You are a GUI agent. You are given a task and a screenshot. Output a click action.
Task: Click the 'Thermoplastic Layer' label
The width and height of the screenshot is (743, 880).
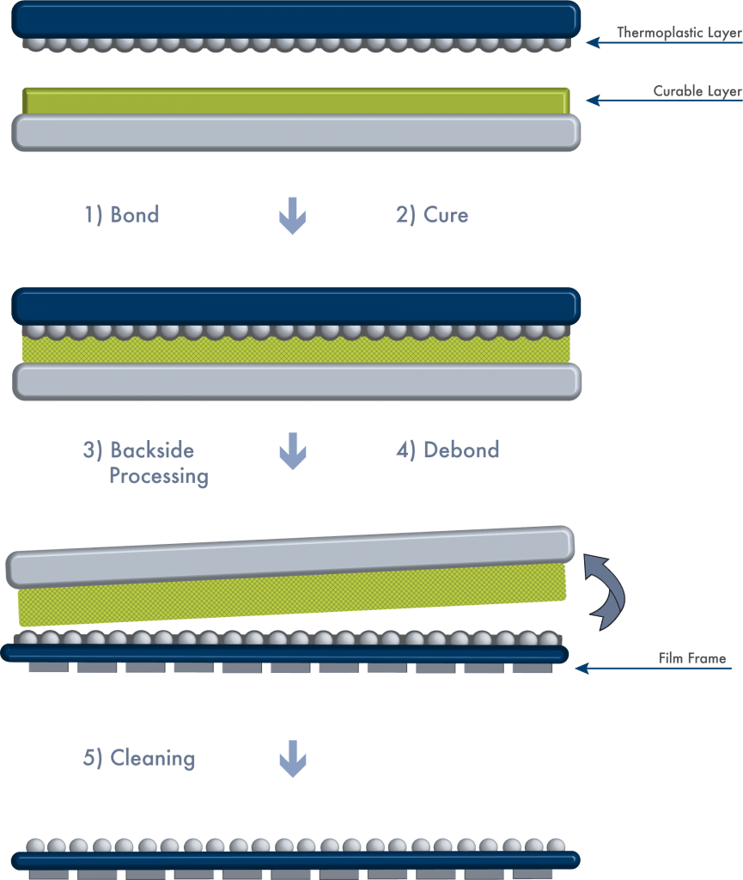point(679,33)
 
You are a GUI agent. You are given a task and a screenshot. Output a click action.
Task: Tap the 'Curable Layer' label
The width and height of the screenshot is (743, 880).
point(697,91)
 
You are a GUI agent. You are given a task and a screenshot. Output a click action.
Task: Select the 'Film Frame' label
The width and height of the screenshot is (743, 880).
point(692,657)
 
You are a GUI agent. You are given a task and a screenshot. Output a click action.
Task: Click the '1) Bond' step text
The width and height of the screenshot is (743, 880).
point(122,215)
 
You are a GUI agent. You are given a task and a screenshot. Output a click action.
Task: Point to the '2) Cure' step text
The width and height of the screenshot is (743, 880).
point(432,215)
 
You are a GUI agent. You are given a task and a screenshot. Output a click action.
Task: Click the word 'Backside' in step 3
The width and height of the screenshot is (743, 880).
point(152,450)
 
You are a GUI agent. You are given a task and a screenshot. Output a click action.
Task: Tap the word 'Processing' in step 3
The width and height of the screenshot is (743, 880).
point(159,476)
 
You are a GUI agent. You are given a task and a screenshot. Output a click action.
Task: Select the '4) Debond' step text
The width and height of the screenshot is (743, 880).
point(448,450)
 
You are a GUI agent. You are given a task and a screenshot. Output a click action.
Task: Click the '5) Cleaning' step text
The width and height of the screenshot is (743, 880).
point(139,758)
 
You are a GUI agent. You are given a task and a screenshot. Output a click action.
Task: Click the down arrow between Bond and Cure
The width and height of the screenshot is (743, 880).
point(293,216)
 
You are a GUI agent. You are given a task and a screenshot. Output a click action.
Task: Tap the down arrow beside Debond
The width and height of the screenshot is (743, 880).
point(293,451)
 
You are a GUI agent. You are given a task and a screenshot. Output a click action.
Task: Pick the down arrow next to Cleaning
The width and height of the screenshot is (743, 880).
point(293,759)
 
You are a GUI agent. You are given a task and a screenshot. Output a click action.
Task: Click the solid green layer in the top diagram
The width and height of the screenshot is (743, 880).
point(296,101)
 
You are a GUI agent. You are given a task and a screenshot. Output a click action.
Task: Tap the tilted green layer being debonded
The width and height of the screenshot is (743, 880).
point(291,595)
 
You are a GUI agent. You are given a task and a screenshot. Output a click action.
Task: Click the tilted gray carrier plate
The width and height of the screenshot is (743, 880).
point(290,557)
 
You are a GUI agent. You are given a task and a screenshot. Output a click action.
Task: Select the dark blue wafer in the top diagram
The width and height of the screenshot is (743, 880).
point(296,20)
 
